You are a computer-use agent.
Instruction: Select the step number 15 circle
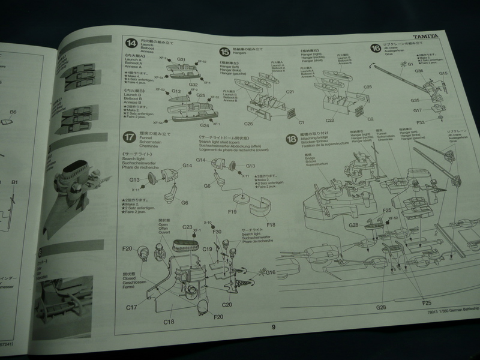224,51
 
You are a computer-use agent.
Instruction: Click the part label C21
290,93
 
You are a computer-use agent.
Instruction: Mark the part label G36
419,71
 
